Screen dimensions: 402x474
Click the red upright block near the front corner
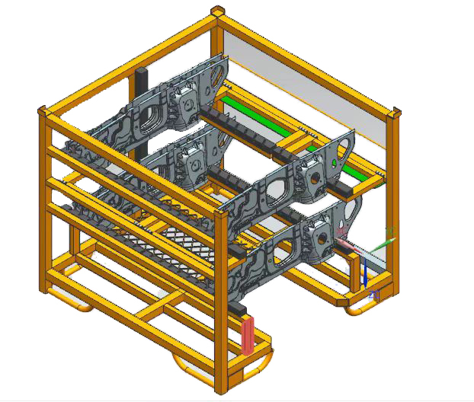coord(248,336)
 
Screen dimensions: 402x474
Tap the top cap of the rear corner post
coord(218,11)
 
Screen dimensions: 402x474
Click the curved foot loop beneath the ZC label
coord(358,308)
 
